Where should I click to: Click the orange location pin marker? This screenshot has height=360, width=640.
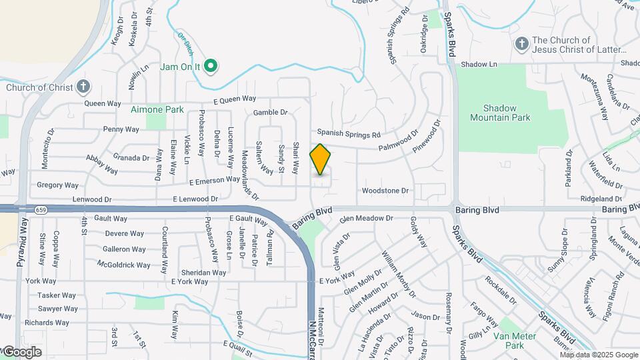(321, 159)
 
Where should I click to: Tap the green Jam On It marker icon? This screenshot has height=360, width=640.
(211, 65)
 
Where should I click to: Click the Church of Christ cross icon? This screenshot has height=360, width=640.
(83, 86)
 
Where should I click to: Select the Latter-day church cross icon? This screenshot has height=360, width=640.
(522, 44)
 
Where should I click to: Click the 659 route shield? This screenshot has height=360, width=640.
(41, 209)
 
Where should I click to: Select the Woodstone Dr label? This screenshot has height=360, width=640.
(385, 191)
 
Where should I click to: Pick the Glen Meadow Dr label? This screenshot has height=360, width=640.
(366, 218)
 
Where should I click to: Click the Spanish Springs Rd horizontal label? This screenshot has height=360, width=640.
(348, 133)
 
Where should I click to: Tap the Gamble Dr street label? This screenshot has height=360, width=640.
(270, 113)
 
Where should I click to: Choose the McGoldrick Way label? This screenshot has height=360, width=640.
(124, 265)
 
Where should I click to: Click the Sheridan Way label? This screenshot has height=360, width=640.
(204, 272)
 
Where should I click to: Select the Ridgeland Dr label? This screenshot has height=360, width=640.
(601, 199)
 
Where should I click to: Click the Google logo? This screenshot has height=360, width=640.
(21, 352)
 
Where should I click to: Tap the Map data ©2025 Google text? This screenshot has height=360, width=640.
(598, 355)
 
